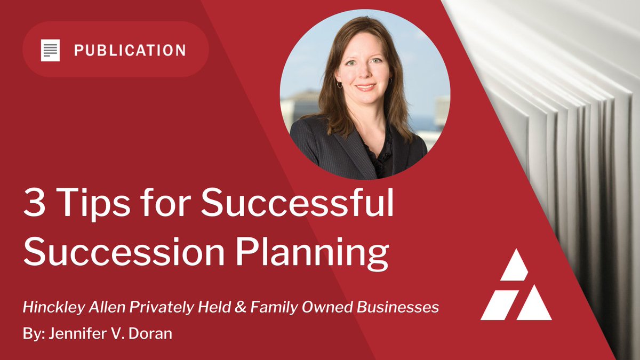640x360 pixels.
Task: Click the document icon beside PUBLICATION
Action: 50,50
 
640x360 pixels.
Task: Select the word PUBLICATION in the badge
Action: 130,51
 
